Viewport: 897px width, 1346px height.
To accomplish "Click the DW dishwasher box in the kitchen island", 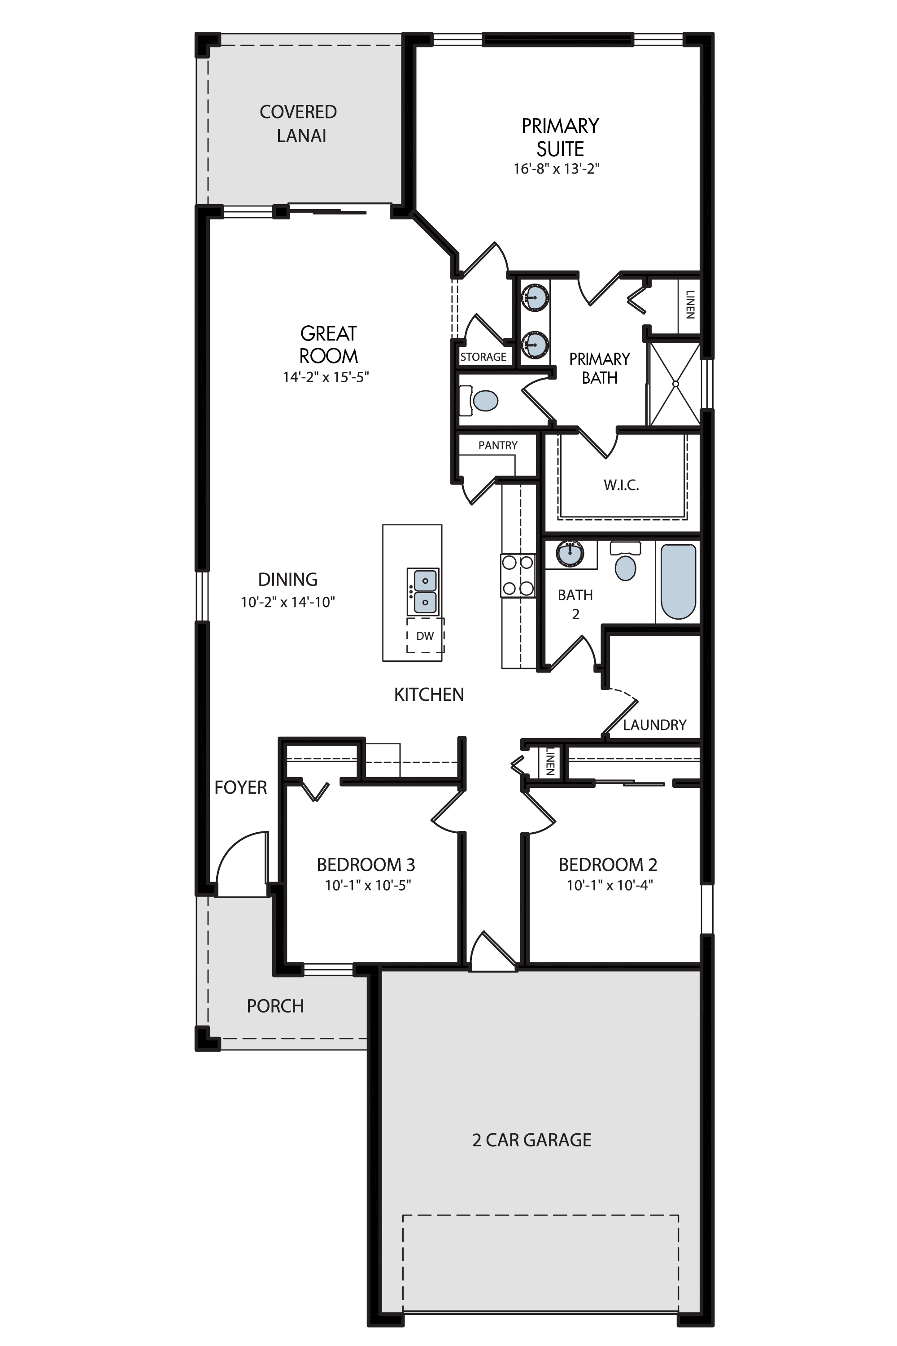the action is [x=425, y=635].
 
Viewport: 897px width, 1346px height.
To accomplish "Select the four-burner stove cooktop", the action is [x=518, y=575].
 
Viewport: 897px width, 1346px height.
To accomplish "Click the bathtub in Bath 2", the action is [x=679, y=581].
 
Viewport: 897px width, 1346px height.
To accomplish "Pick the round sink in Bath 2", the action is [x=570, y=553].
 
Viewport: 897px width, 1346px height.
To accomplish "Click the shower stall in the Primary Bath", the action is [x=675, y=384].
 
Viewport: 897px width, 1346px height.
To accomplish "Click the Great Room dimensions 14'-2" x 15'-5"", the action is [x=326, y=377].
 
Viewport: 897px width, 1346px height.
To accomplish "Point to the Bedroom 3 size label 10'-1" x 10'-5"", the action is [x=368, y=885].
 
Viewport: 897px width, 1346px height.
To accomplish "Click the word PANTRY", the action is [x=498, y=445].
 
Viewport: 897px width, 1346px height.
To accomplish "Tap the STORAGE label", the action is [x=483, y=357].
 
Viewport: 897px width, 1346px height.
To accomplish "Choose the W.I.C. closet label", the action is [x=621, y=485].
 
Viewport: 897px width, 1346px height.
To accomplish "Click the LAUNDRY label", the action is [x=654, y=725].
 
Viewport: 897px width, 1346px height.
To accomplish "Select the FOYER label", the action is [x=241, y=787].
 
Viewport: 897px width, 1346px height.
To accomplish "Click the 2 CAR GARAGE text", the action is [x=532, y=1140].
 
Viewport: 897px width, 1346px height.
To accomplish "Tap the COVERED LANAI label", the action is [x=299, y=124].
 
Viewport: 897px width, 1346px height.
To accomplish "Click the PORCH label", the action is [x=275, y=1006].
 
